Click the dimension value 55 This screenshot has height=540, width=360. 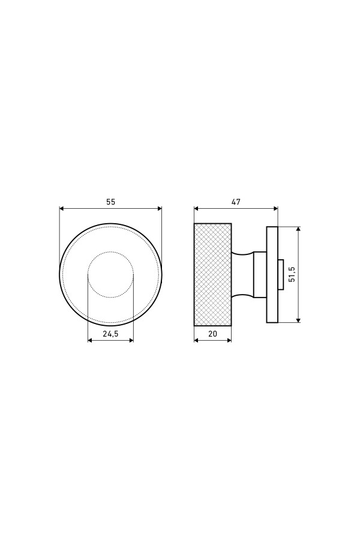coord(110,202)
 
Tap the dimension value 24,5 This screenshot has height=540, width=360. coord(110,334)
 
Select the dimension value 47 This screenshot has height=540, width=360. coord(236,202)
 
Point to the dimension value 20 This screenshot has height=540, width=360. coord(213,334)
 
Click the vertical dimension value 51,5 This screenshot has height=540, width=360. coord(292,274)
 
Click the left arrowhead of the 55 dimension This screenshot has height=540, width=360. coord(62,208)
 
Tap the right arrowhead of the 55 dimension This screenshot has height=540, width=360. coord(160,208)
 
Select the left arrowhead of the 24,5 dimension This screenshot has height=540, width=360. coord(90,340)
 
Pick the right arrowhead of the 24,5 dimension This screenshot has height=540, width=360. coord(131,340)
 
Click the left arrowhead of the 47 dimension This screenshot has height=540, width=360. coord(196,208)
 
